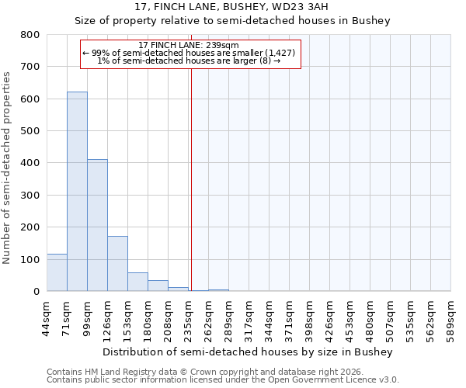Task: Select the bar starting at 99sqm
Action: pos(97,225)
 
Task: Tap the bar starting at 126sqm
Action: pos(117,264)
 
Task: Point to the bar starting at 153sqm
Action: pos(137,282)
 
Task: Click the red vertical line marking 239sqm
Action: pos(190,178)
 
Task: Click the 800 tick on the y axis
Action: pos(30,35)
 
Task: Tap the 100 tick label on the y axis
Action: pos(30,260)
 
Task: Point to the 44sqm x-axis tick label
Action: pos(47,314)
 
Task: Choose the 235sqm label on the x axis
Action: pos(189,316)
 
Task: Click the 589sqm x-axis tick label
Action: pos(451,316)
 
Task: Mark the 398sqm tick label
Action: pos(310,316)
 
